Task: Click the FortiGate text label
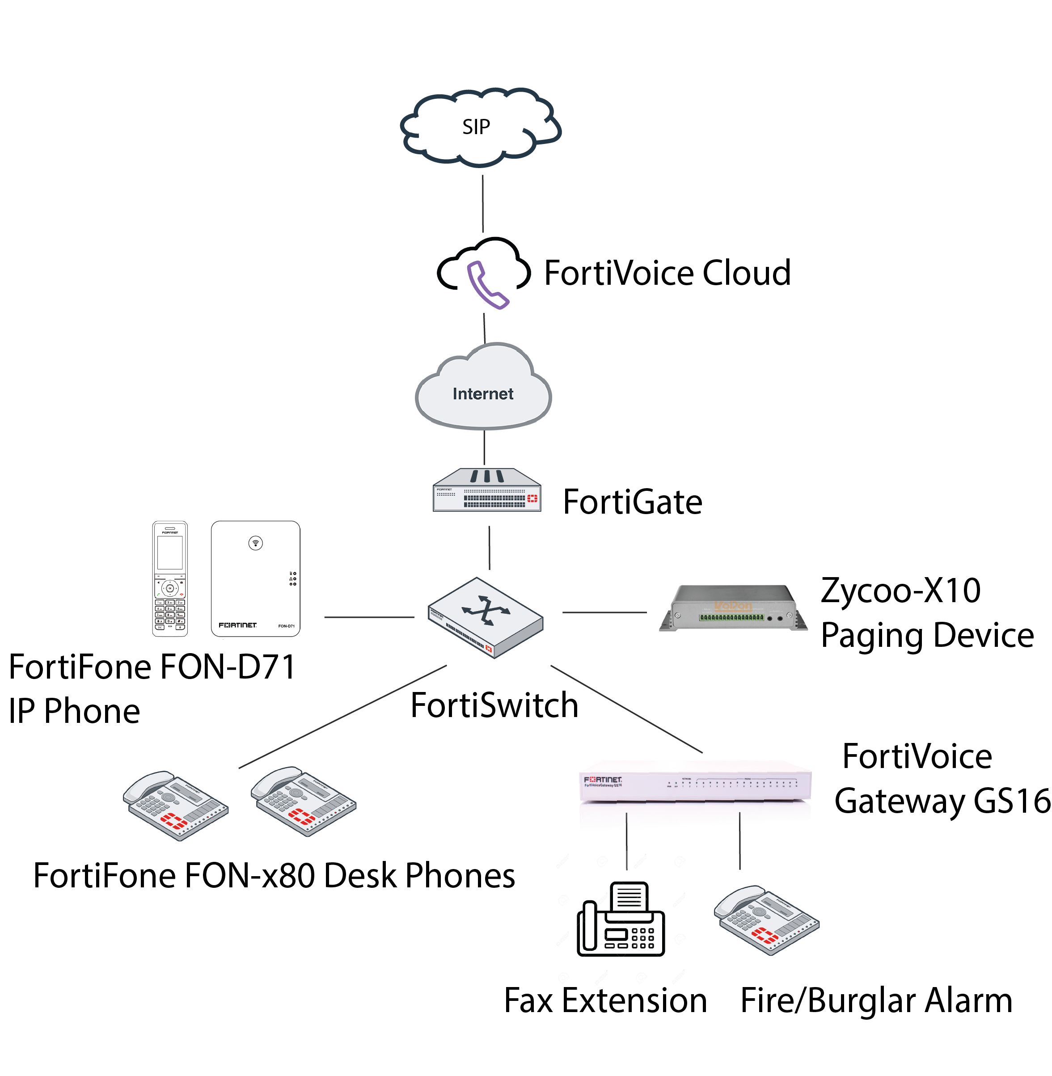[x=632, y=502]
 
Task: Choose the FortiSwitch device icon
[x=485, y=617]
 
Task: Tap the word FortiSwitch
[x=494, y=705]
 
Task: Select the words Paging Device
[x=926, y=636]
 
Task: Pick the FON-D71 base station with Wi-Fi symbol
[x=255, y=578]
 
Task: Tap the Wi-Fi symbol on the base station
[x=255, y=543]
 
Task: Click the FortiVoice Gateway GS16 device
[x=694, y=785]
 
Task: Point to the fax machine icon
[x=620, y=920]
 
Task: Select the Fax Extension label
[x=605, y=1001]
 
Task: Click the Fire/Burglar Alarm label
[x=876, y=1001]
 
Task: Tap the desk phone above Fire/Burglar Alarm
[x=766, y=920]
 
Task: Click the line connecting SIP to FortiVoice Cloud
[x=483, y=204]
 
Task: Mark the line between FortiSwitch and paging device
[x=604, y=612]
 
